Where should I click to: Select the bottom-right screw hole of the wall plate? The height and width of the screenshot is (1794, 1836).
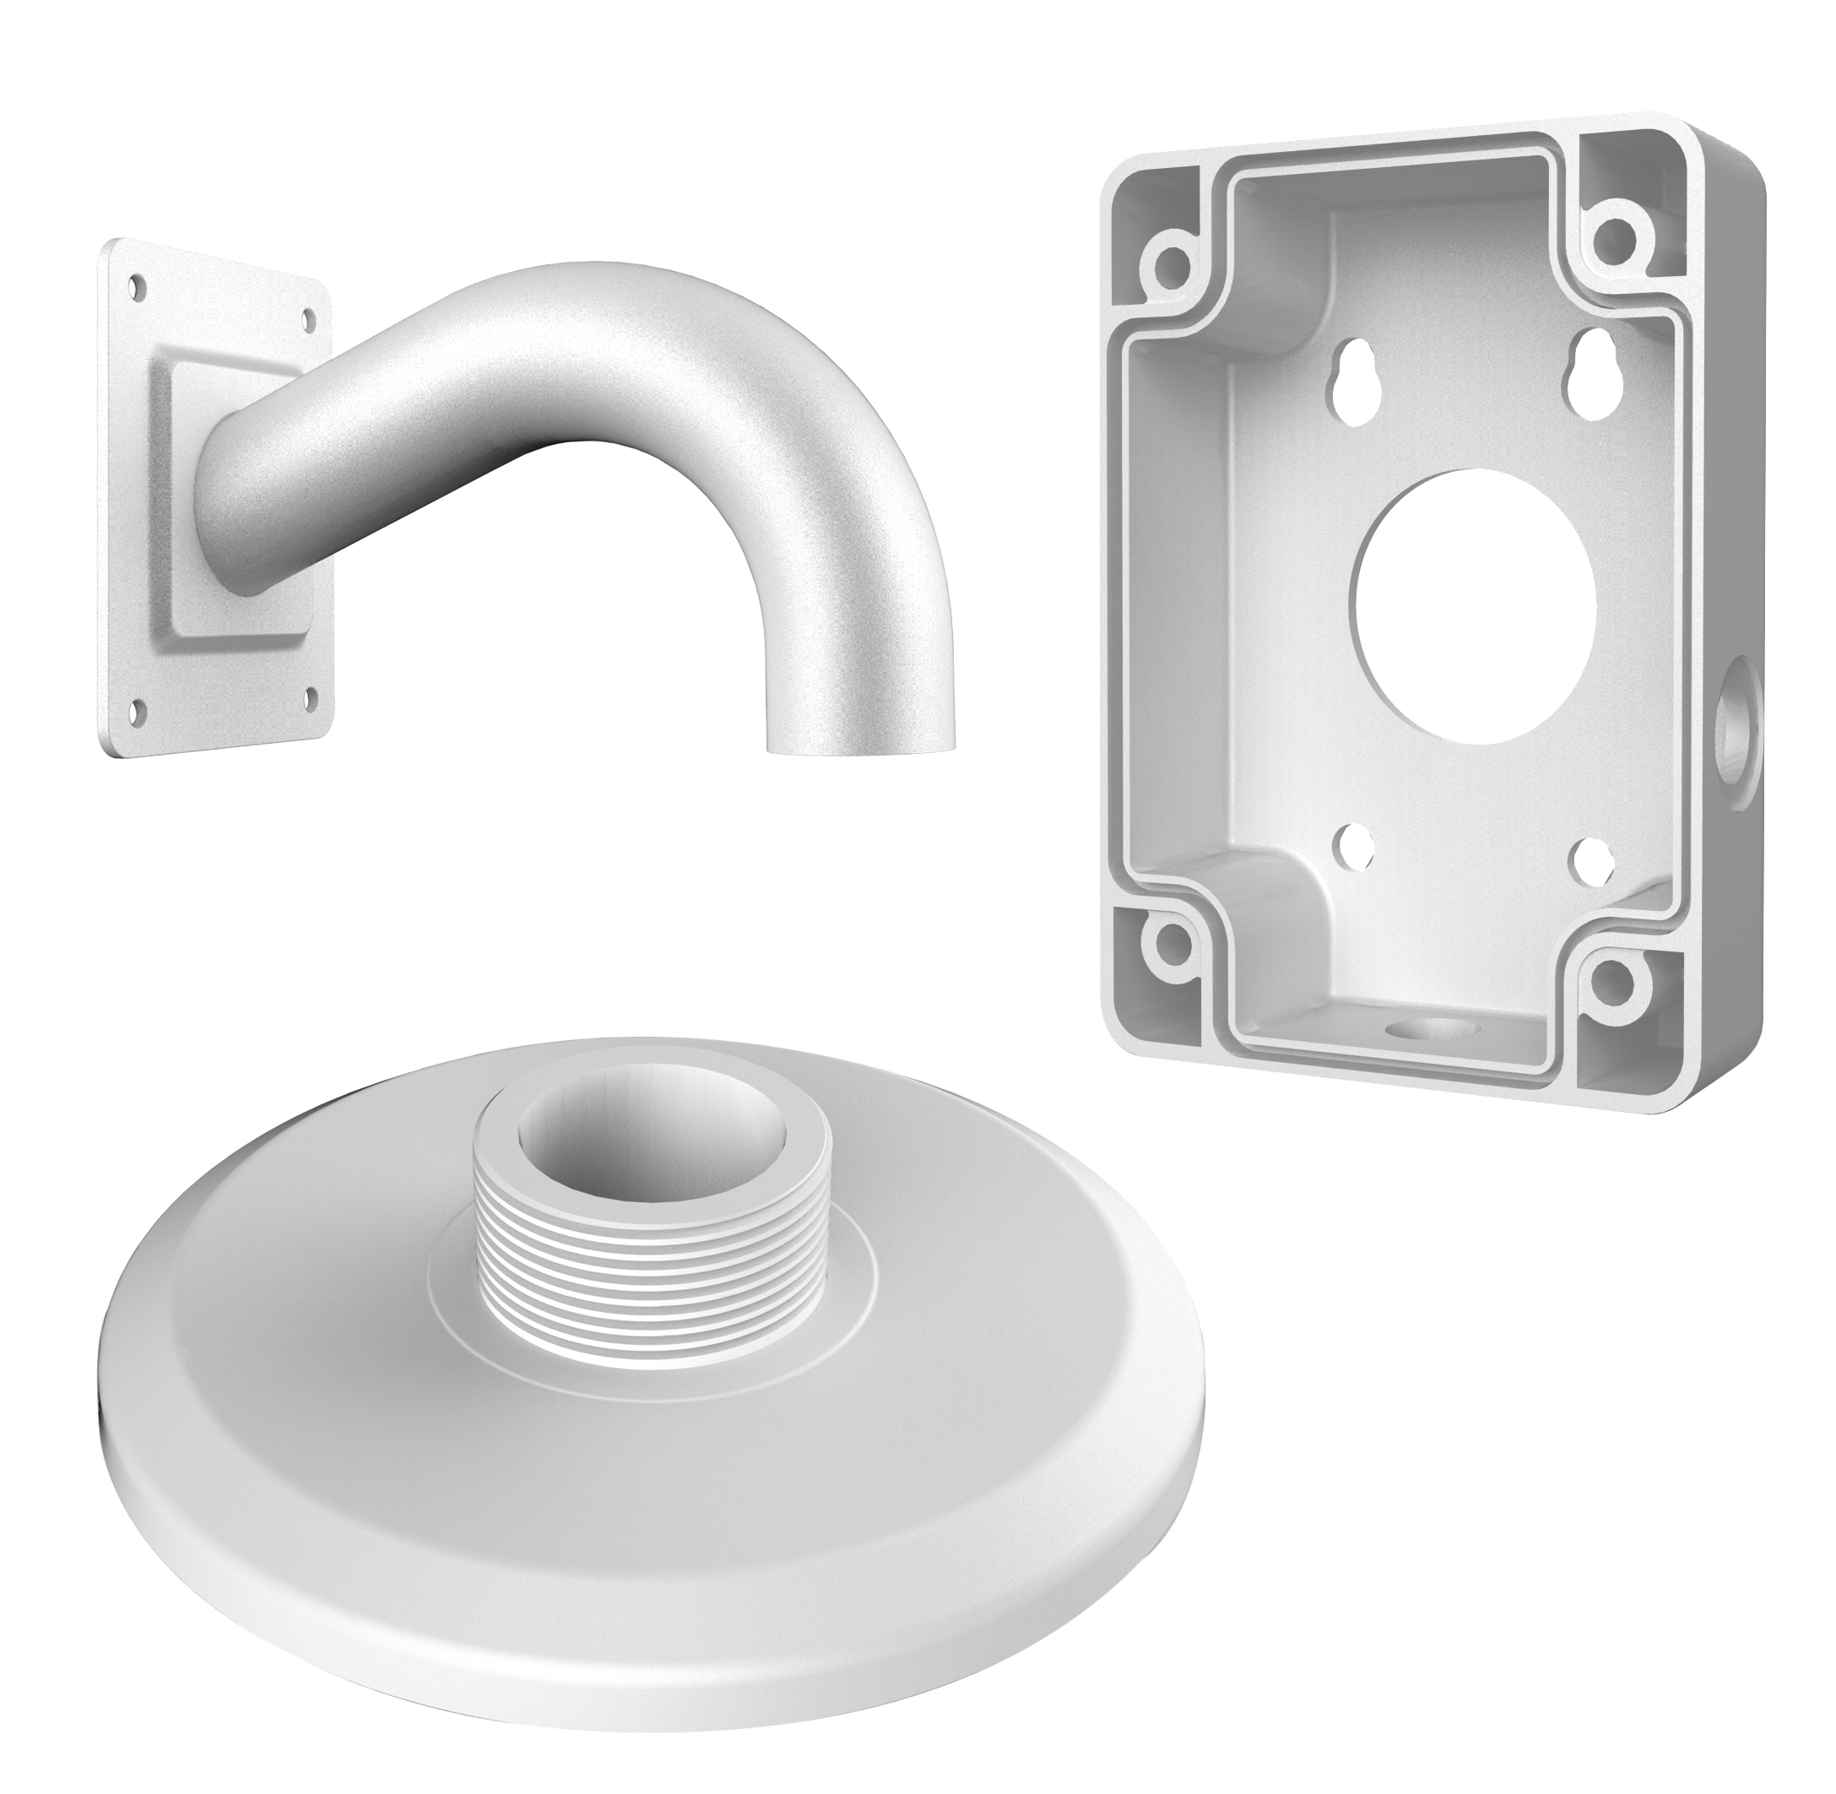pos(309,698)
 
